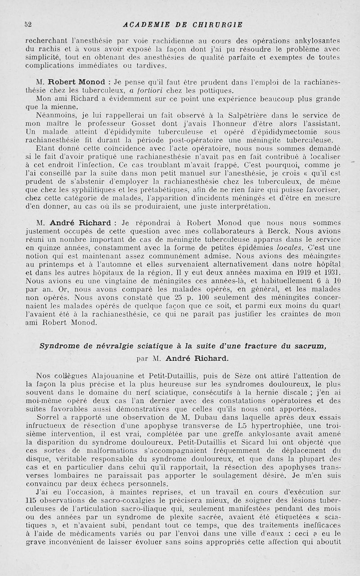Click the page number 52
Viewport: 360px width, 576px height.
27,24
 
